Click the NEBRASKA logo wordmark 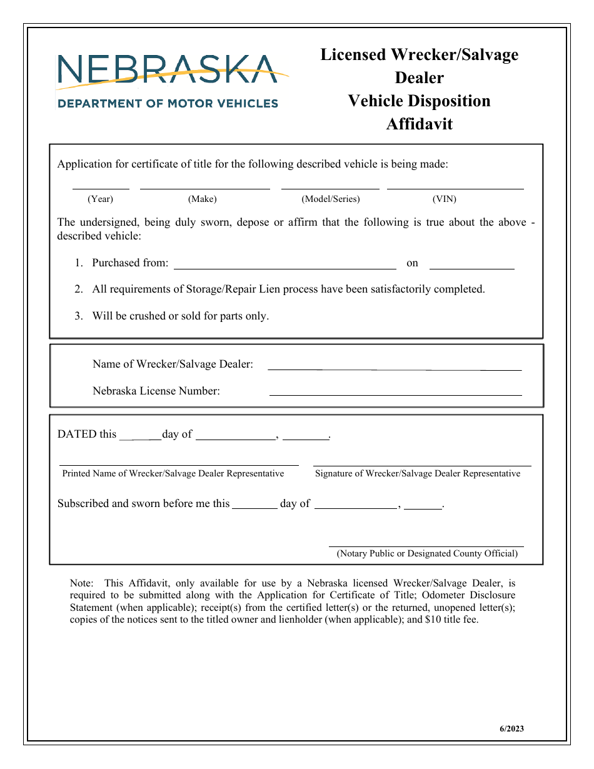click(x=167, y=69)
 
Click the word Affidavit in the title click(x=419, y=124)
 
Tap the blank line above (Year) click(x=101, y=187)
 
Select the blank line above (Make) click(x=204, y=187)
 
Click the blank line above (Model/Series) click(x=330, y=187)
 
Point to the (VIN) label click(x=445, y=199)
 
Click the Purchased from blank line click(x=284, y=268)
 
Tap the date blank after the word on click(x=471, y=268)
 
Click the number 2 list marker click(x=79, y=289)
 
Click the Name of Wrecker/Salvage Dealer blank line click(x=395, y=369)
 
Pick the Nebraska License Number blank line click(x=395, y=395)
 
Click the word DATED click(x=77, y=434)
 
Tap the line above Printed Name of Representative click(x=179, y=465)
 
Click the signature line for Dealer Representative click(x=423, y=465)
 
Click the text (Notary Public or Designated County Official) click(x=427, y=553)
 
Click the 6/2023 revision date click(x=511, y=728)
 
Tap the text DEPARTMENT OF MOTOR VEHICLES click(x=168, y=103)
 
